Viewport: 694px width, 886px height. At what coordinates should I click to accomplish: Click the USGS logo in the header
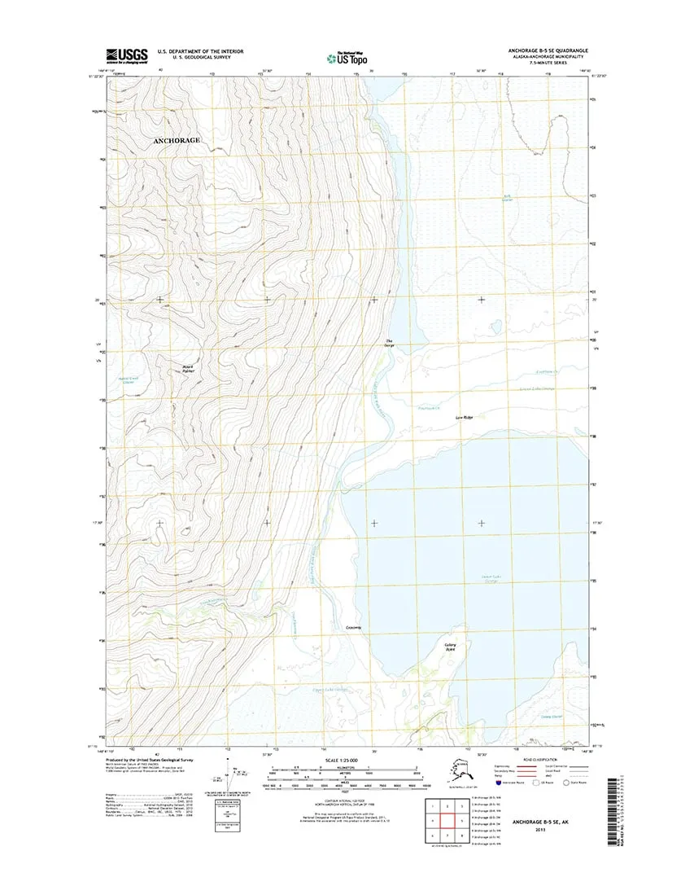[126, 55]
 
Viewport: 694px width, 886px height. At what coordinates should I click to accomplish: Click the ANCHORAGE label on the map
[177, 140]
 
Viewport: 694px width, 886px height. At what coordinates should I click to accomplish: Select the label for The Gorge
[390, 343]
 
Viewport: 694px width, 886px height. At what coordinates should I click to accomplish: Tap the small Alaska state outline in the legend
[461, 770]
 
